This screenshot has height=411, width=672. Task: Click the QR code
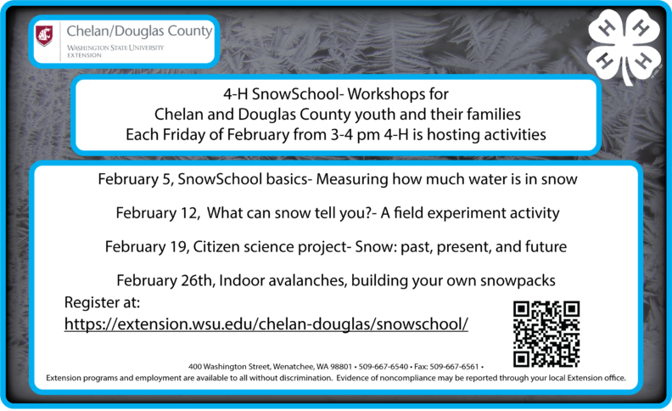(546, 333)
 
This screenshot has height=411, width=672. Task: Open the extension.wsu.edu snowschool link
(266, 324)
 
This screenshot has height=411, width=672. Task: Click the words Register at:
(102, 303)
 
